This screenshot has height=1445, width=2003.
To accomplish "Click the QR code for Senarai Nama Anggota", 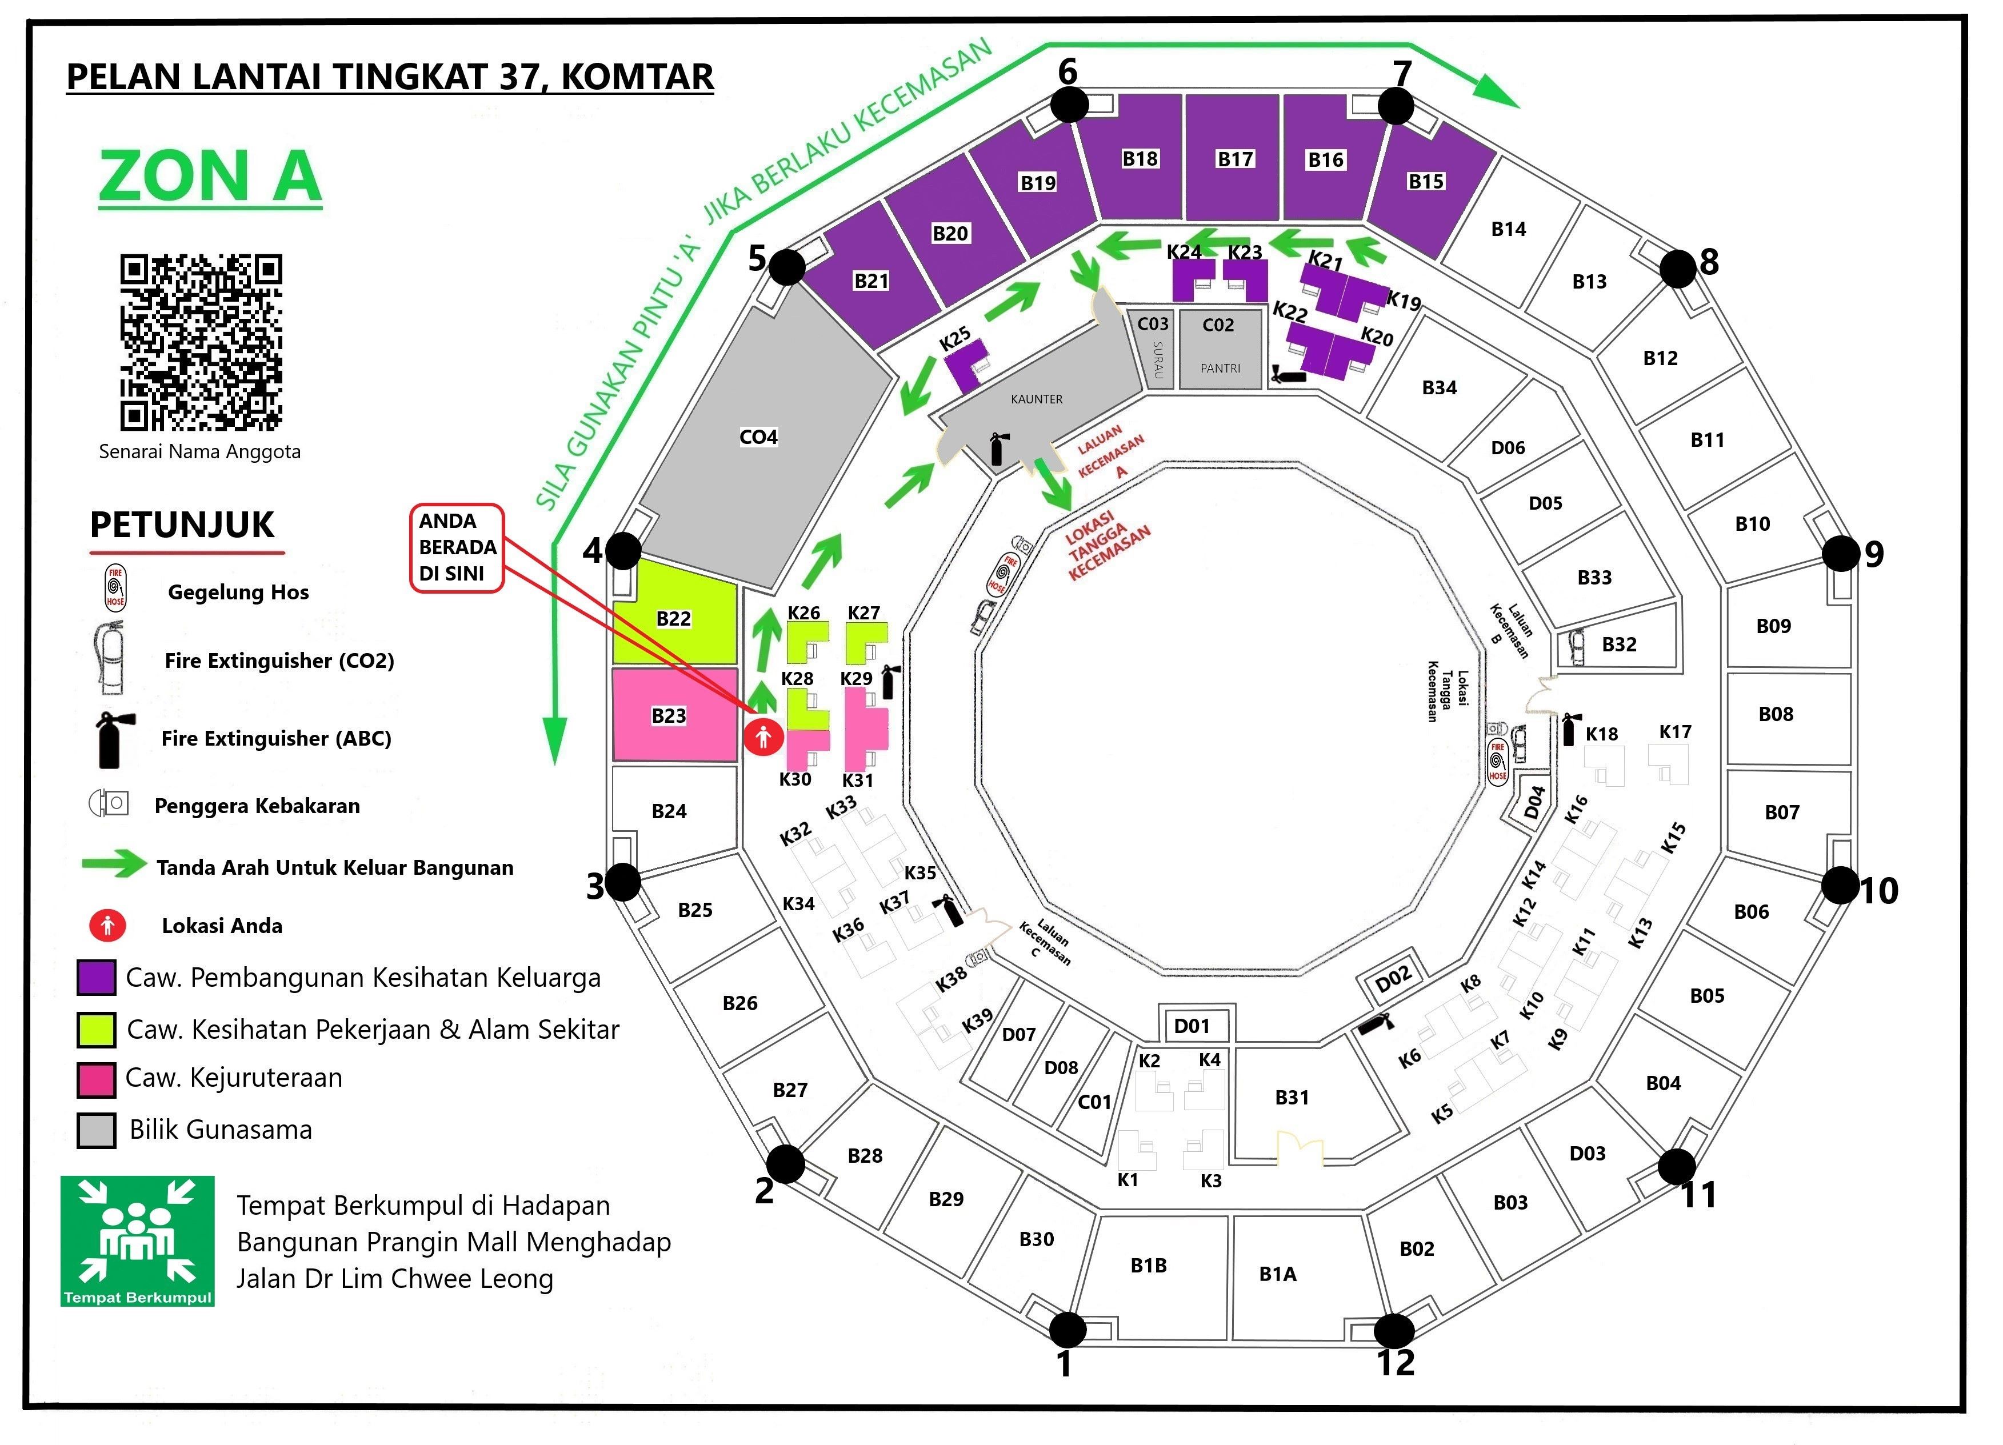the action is [201, 343].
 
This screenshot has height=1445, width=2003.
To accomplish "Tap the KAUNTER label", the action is [1037, 399].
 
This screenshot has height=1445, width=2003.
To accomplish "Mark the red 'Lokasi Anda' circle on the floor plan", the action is [763, 736].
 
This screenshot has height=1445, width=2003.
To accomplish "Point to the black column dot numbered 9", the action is [1841, 554].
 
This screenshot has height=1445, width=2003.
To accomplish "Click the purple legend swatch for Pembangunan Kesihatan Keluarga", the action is [96, 978].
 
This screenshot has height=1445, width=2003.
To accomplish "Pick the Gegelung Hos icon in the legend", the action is [115, 589].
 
